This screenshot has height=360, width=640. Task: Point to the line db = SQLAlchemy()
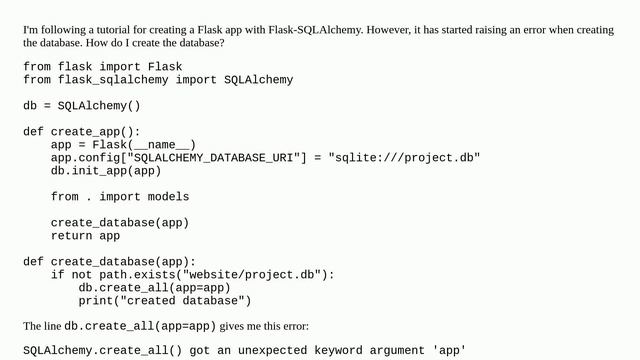82,105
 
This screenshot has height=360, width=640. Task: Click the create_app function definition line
82,131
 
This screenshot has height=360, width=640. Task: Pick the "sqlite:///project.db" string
404,157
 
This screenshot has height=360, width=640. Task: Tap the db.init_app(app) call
106,170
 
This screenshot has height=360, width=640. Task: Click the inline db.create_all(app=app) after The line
140,326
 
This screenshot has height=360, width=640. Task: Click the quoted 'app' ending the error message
449,351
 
